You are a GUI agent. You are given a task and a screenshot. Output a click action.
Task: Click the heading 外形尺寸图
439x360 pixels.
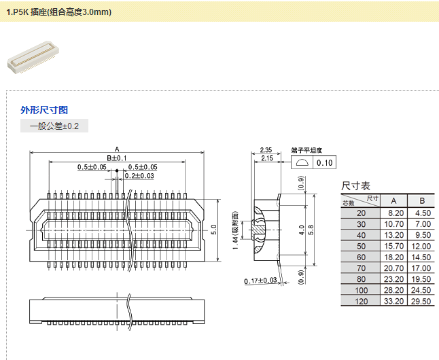(x=44, y=110)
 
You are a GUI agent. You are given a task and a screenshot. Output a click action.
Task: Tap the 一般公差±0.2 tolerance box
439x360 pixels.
(x=54, y=126)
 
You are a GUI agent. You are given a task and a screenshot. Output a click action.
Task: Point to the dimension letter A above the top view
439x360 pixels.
(x=117, y=149)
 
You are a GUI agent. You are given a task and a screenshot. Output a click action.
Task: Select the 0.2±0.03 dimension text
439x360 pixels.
(x=139, y=176)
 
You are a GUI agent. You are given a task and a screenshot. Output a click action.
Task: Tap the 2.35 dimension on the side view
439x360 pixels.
(x=266, y=149)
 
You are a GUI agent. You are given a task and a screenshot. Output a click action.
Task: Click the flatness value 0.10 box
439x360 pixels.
(x=325, y=163)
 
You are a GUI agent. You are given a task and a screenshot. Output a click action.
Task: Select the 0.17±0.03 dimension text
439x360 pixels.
(x=262, y=281)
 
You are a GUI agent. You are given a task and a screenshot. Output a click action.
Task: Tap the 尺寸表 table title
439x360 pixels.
(x=356, y=185)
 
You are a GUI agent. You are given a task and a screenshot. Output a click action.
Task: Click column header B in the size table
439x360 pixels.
(x=422, y=200)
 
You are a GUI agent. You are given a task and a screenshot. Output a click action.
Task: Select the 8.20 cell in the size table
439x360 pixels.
(x=394, y=213)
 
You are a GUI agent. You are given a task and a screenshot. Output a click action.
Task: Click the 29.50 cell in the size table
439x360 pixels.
(x=422, y=301)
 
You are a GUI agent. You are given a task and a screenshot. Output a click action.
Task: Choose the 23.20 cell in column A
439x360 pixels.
(x=394, y=278)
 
